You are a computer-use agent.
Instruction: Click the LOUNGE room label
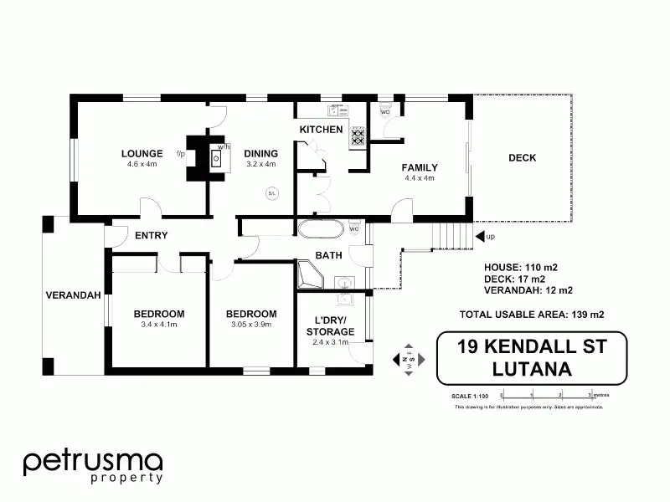pyautogui.click(x=142, y=153)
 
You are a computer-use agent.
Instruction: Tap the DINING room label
pyautogui.click(x=260, y=153)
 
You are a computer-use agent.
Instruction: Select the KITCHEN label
pyautogui.click(x=322, y=130)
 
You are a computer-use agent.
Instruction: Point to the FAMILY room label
pyautogui.click(x=420, y=167)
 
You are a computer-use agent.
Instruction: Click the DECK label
pyautogui.click(x=522, y=157)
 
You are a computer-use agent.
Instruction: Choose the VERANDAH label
pyautogui.click(x=74, y=295)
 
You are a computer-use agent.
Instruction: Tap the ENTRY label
pyautogui.click(x=152, y=236)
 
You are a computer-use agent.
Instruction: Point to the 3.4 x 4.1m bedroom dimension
pyautogui.click(x=159, y=325)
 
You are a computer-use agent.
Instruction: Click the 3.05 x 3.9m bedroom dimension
pyautogui.click(x=251, y=325)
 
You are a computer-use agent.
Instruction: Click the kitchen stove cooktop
pyautogui.click(x=358, y=135)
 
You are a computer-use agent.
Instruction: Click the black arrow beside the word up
pyautogui.click(x=480, y=237)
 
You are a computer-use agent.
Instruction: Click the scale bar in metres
pyautogui.click(x=545, y=393)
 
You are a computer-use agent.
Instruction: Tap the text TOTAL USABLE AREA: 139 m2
pyautogui.click(x=532, y=315)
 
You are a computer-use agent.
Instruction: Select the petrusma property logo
pyautogui.click(x=92, y=465)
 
